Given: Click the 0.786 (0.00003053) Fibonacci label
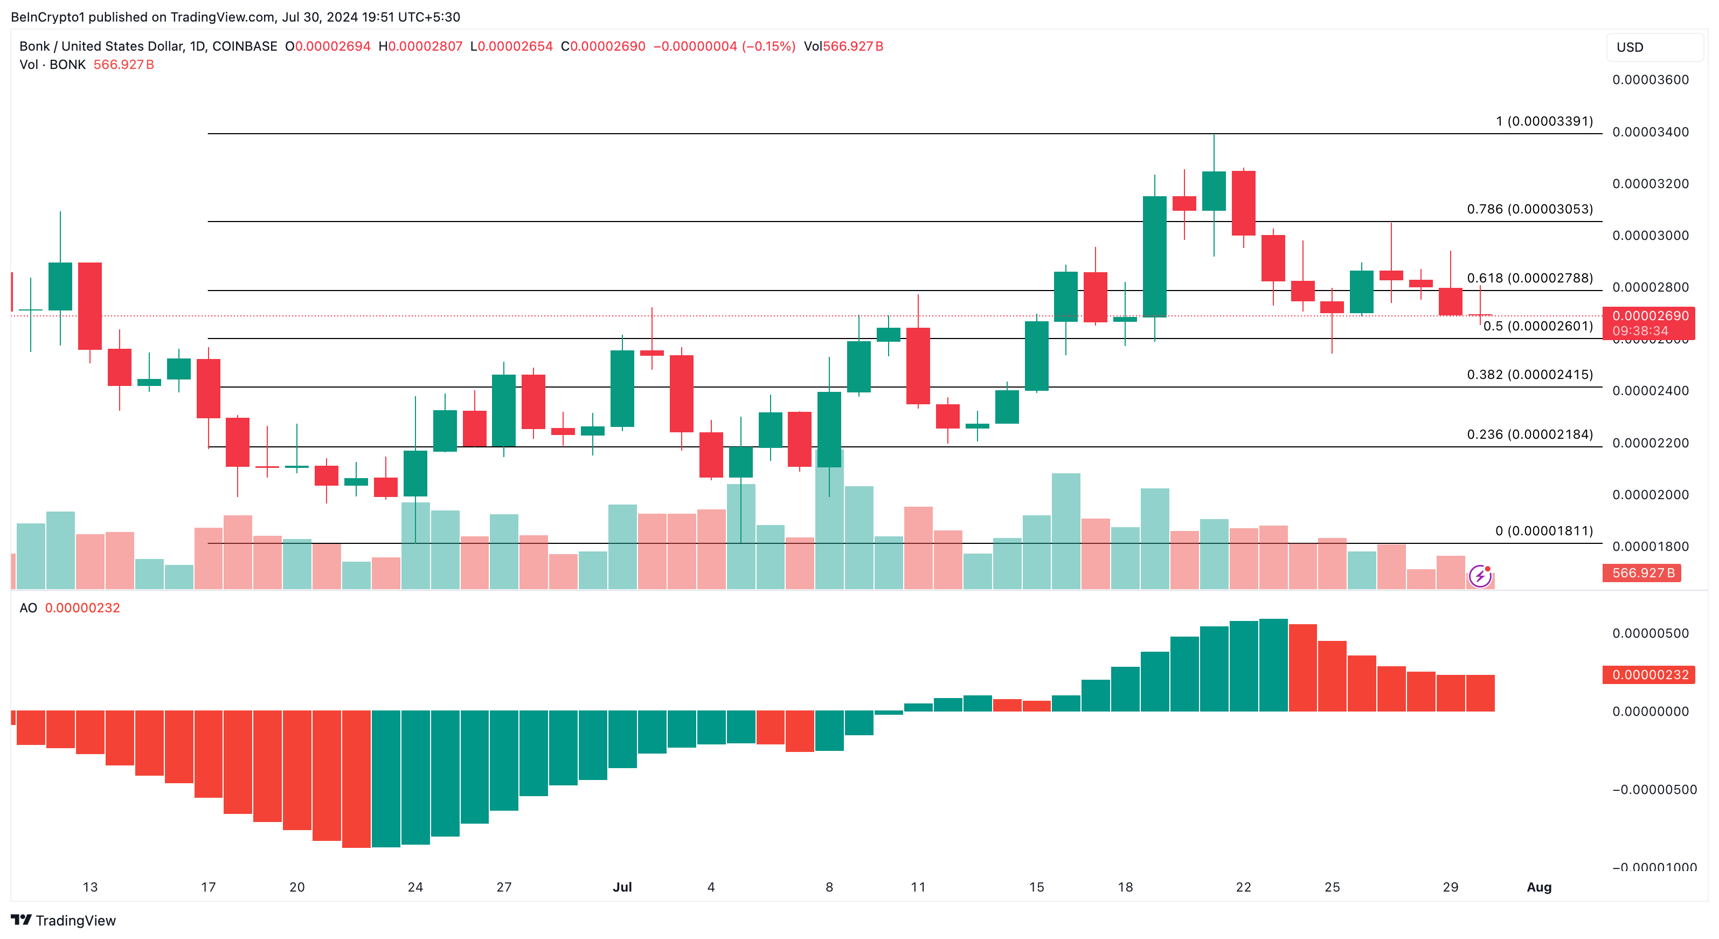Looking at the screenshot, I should pos(1529,210).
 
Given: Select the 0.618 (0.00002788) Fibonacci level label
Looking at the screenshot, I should pos(1529,278).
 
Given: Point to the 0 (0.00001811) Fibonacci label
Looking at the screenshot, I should pos(1543,531).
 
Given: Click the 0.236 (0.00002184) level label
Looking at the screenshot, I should pos(1529,434).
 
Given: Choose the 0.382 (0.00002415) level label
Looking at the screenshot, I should pos(1529,375).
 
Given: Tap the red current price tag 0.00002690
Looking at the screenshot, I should pos(1649,316).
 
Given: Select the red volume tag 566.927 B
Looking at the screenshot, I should pos(1642,572).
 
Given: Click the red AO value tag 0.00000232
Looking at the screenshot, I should pos(1649,675).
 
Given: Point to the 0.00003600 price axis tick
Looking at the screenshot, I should pos(1649,80).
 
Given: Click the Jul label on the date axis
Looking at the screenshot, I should pos(622,887).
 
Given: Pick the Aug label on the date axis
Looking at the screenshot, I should pos(1539,887).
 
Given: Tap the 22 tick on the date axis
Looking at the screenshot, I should pos(1243,887).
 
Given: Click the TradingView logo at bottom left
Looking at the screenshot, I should pos(64,920).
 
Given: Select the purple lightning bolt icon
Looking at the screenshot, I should pos(1479,575).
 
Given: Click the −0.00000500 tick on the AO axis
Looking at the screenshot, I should pos(1654,790).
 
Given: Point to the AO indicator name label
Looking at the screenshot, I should pos(28,608).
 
